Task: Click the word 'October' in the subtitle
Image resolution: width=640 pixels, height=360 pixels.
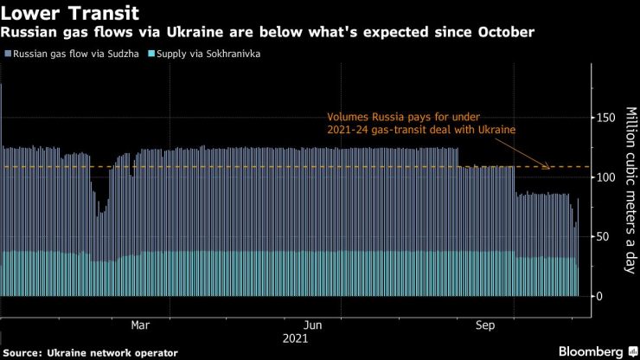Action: coord(505,33)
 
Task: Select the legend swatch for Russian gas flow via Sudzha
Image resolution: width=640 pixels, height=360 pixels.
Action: coord(6,54)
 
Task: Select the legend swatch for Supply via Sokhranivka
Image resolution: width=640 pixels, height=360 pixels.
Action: coord(152,54)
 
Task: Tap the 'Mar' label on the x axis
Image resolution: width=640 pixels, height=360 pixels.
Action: coord(140,325)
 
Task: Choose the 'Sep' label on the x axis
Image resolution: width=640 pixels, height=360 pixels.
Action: coord(486,325)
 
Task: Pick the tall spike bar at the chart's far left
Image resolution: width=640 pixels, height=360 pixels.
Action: coord(2,190)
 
